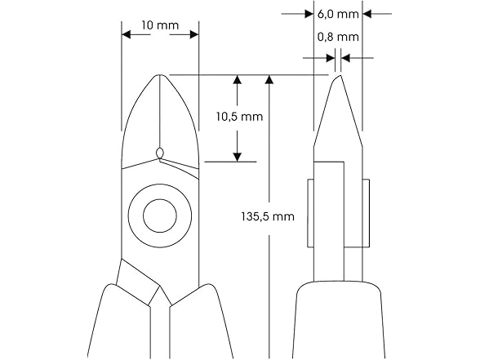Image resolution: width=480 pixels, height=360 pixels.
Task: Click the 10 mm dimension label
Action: pyautogui.click(x=160, y=25)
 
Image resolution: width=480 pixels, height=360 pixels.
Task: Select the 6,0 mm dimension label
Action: pyautogui.click(x=337, y=14)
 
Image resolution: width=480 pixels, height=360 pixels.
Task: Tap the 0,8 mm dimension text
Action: pyautogui.click(x=337, y=38)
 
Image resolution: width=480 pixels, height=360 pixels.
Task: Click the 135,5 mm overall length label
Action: pyautogui.click(x=269, y=217)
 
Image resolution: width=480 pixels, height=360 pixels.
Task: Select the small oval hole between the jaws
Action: pyautogui.click(x=160, y=152)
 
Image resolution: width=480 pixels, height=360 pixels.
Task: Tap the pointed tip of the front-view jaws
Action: pyautogui.click(x=160, y=77)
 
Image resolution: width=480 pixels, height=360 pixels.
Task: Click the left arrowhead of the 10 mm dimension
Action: pyautogui.click(x=127, y=34)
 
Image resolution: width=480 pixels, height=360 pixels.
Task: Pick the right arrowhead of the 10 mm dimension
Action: pyautogui.click(x=193, y=34)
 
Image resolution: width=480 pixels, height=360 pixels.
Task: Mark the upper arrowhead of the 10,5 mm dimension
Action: pyautogui.click(x=238, y=80)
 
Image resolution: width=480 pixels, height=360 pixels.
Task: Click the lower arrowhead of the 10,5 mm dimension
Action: pyautogui.click(x=238, y=157)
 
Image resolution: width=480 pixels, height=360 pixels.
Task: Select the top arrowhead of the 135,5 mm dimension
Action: pyautogui.click(x=269, y=80)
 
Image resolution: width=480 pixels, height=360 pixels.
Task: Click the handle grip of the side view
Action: pyautogui.click(x=337, y=322)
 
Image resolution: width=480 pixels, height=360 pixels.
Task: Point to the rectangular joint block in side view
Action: pyautogui.click(x=337, y=212)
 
